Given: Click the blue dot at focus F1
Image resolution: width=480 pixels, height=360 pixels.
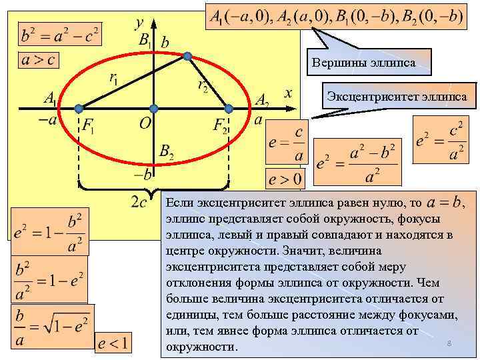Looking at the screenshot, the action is pos(79,108).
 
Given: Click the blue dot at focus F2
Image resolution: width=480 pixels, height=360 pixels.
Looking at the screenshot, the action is pos(228,108).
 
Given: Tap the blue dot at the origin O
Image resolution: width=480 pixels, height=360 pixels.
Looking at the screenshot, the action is pos(153,108).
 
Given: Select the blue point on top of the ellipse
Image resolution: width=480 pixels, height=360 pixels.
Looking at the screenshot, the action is pos(189,55).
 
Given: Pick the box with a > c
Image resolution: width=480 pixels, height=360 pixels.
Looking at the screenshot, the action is pos(38,59).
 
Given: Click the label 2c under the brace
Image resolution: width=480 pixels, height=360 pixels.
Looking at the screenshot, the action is pos(139,201).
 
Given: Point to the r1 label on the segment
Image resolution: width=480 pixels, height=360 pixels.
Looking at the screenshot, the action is pos(114,78).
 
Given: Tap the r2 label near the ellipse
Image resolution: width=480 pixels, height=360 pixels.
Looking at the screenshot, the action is pos(203,85).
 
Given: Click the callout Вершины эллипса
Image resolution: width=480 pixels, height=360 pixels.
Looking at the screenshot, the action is pos(363,63).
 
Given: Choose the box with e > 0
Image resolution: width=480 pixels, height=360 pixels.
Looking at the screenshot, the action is pos(285,179).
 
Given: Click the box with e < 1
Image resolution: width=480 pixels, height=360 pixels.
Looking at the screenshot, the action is pos(115,343).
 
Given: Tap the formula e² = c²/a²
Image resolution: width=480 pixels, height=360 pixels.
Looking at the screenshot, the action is pos(439,141).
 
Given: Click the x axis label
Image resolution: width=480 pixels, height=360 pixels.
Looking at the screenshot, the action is pos(287,93).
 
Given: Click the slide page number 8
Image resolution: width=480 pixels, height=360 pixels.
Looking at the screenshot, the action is pos(449,343).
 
